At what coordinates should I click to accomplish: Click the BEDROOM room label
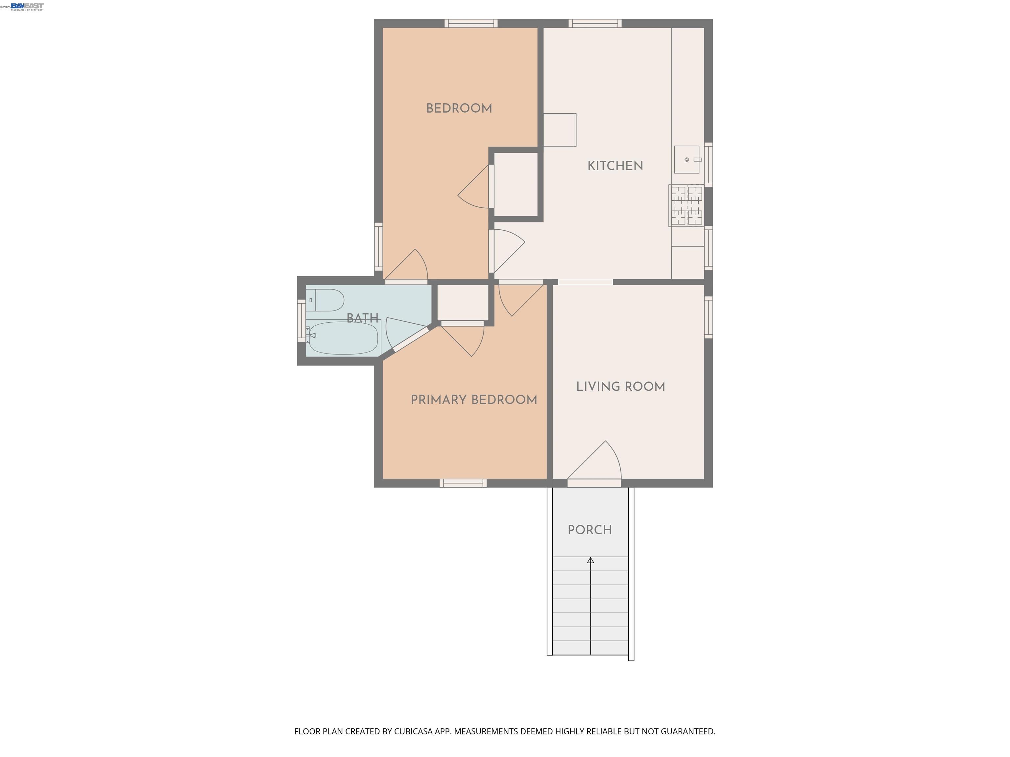(459, 109)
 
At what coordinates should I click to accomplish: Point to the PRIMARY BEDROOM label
(473, 400)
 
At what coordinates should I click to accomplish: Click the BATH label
(362, 318)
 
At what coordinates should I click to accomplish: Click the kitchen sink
(686, 160)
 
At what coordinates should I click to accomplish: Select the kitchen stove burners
(686, 205)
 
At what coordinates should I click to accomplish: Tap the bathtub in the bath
(343, 338)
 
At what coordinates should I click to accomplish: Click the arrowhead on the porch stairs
(590, 560)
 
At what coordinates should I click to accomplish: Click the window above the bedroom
(471, 23)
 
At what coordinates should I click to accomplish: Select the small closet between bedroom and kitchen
(516, 184)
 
